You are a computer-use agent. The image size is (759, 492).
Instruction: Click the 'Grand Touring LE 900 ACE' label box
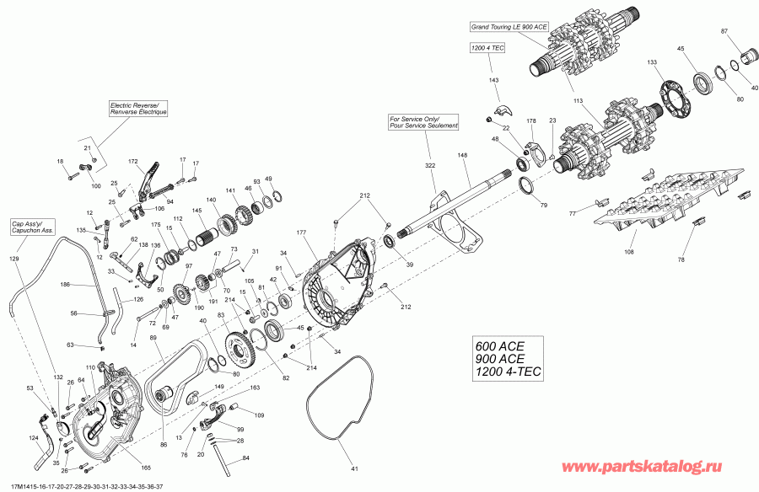coord(510,28)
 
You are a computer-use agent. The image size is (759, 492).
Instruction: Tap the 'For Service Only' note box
coord(423,121)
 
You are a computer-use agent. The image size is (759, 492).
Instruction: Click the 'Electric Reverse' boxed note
coord(139,108)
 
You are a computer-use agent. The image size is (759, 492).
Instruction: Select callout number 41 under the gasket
coord(355,468)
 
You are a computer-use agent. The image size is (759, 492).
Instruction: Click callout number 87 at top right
coord(724,30)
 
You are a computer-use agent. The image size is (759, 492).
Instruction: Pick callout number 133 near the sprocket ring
coord(653,62)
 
